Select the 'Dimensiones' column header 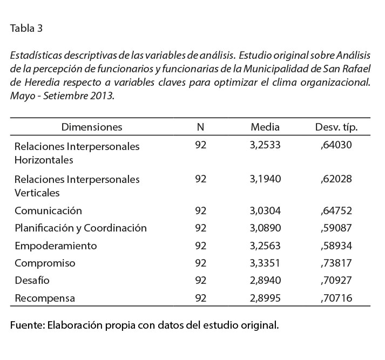point(92,127)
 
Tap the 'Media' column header point(265,127)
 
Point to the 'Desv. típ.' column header point(336,127)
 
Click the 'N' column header point(200,127)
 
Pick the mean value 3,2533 point(265,146)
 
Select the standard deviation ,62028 point(336,179)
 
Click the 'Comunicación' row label point(48,210)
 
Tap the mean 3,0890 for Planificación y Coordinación point(265,228)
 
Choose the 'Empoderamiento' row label point(56,246)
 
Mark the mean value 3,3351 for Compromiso point(265,263)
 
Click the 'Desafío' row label point(32,281)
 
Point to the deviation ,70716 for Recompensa point(336,298)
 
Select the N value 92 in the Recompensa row point(200,298)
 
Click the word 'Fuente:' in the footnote point(27,326)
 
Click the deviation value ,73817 point(336,263)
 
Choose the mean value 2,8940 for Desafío point(265,281)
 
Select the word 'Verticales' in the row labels point(37,193)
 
